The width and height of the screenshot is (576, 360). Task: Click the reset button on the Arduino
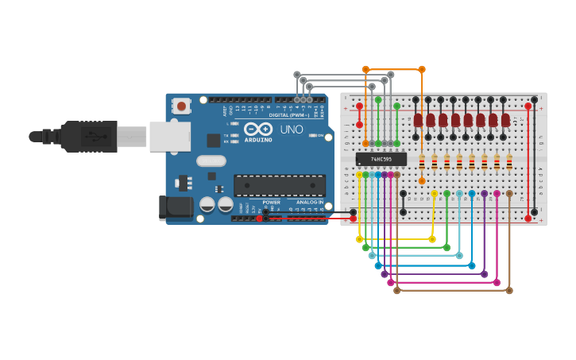pyautogui.click(x=182, y=105)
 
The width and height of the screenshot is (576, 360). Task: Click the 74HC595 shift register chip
pyautogui.click(x=381, y=159)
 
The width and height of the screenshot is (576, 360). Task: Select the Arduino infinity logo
pyautogui.click(x=258, y=130)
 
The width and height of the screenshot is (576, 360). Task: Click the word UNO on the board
pyautogui.click(x=292, y=130)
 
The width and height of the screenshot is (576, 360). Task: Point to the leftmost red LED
pyautogui.click(x=418, y=120)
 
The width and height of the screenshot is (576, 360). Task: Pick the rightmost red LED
pyautogui.click(x=506, y=120)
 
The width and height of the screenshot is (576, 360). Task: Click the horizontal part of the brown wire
pyautogui.click(x=453, y=291)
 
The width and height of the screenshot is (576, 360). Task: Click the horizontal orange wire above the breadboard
pyautogui.click(x=393, y=69)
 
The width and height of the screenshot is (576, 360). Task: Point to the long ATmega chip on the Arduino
pyautogui.click(x=279, y=185)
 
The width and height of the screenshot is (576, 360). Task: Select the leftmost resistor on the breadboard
pyautogui.click(x=422, y=162)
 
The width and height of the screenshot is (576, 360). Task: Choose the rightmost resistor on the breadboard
pyautogui.click(x=509, y=162)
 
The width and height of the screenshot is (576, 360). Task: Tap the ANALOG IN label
pyautogui.click(x=310, y=202)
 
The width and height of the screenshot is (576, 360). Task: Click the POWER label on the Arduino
pyautogui.click(x=272, y=202)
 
